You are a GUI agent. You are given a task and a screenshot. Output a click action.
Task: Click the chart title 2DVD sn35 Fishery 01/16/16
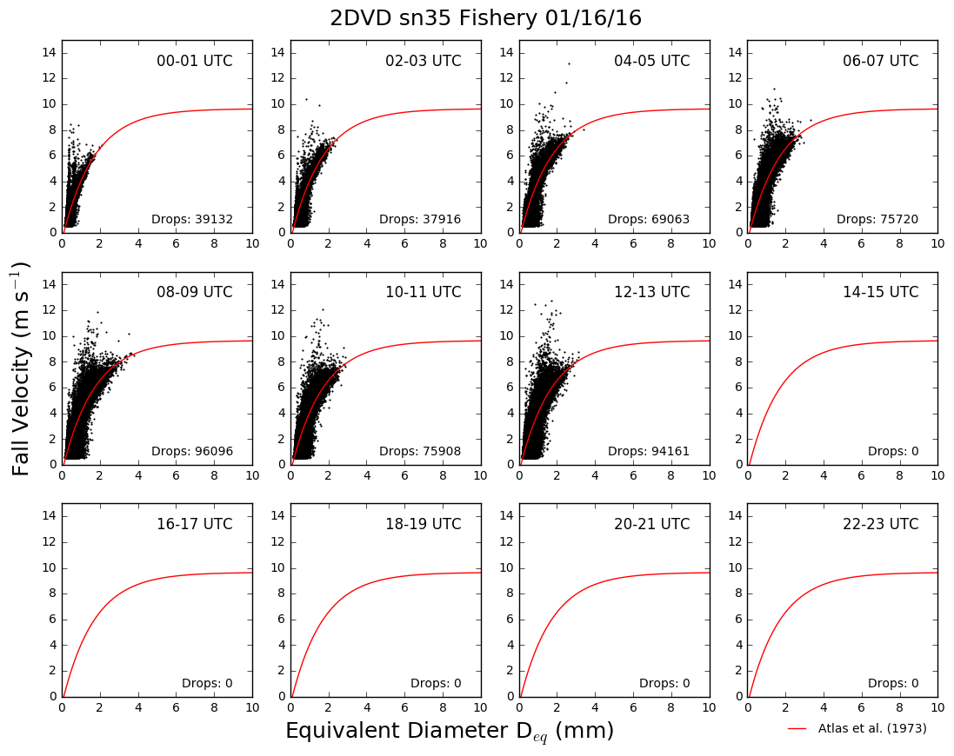(485, 18)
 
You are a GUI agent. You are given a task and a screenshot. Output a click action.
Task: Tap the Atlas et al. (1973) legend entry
(857, 728)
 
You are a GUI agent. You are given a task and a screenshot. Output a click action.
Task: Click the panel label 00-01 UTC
(195, 61)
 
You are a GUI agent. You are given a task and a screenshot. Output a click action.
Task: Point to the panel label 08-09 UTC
(195, 292)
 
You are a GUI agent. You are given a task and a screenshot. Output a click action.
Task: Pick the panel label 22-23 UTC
(880, 524)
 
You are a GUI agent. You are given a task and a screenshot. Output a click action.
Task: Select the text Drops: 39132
(192, 219)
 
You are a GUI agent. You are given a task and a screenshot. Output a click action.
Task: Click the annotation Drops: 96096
(192, 452)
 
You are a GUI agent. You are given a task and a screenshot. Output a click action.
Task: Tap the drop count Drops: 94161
(649, 452)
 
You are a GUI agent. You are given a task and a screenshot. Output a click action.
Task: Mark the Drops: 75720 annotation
(877, 219)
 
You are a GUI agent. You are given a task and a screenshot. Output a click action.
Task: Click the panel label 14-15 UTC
(880, 292)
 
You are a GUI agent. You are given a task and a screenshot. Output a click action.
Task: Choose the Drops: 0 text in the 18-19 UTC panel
(436, 684)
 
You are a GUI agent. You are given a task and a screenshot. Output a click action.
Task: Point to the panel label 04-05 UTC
(651, 61)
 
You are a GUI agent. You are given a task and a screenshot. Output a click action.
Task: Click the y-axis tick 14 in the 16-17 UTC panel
(50, 516)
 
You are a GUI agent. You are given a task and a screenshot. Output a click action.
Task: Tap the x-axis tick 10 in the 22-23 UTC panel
(937, 707)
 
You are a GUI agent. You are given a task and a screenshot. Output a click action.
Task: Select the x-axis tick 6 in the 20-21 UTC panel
(633, 707)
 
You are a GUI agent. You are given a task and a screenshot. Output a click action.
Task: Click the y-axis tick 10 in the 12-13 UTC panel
(506, 336)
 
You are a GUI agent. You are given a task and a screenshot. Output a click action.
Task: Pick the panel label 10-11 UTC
(424, 292)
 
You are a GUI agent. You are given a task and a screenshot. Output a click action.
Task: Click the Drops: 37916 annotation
(420, 219)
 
